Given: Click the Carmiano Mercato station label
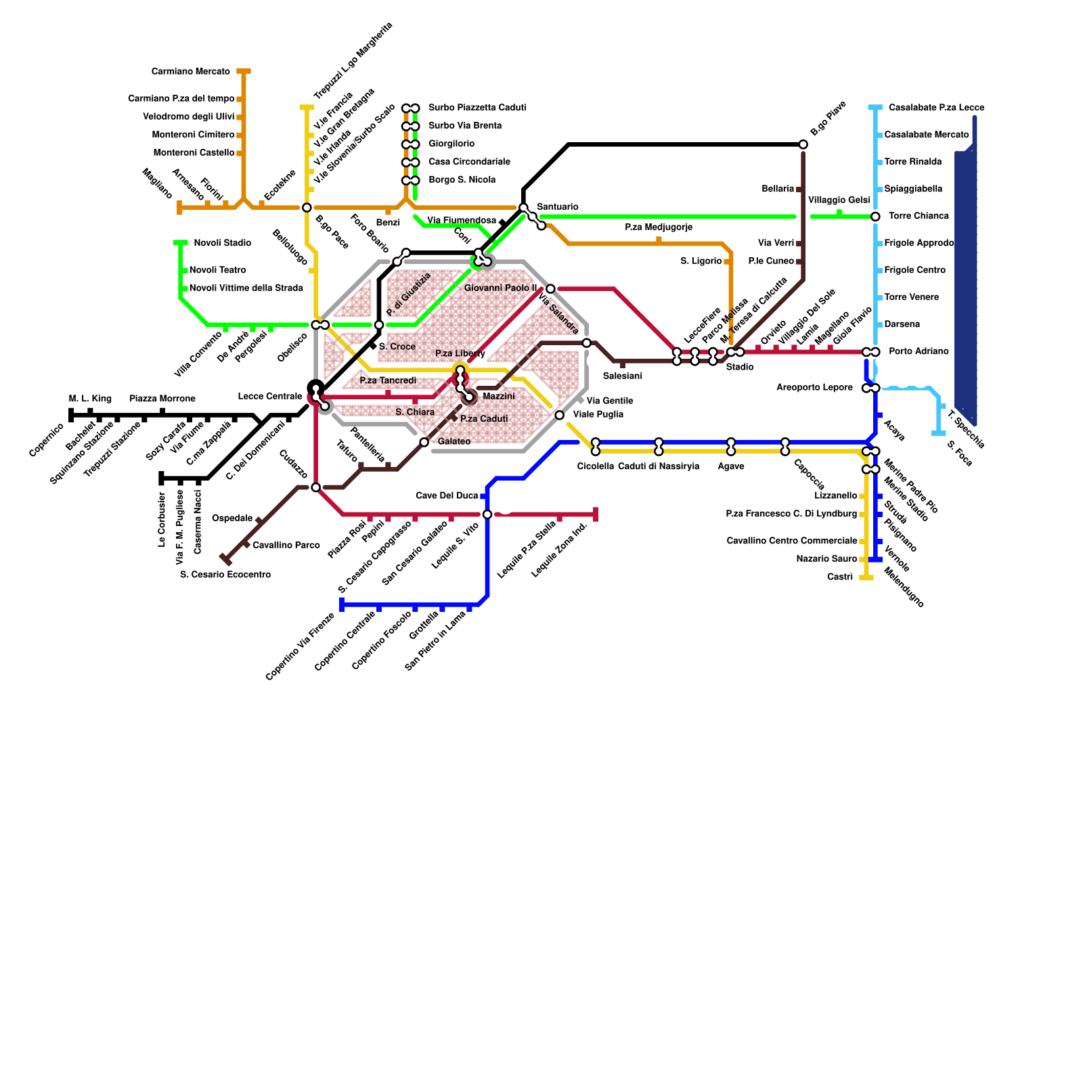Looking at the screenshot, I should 190,72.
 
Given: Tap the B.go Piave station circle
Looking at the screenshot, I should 803,144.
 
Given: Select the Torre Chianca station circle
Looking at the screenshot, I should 875,217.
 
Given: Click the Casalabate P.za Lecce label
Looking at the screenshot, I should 936,108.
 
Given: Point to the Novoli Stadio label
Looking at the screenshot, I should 222,243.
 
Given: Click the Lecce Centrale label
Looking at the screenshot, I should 269,396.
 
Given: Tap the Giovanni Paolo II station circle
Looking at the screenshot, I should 550,289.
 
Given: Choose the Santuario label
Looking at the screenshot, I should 557,206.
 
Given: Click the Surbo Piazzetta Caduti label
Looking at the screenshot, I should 477,108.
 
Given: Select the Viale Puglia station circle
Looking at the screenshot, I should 559,415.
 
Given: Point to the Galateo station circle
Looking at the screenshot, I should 424,442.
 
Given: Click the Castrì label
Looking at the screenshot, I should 839,577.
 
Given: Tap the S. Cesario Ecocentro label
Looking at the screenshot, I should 225,575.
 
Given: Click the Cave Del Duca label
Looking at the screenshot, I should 446,495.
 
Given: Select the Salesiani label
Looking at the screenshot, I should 622,376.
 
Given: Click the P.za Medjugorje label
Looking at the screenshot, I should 658,227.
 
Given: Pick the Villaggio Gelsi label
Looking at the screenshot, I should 839,200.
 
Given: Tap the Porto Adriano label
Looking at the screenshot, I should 918,351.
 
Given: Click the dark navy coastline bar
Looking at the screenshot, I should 966,284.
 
